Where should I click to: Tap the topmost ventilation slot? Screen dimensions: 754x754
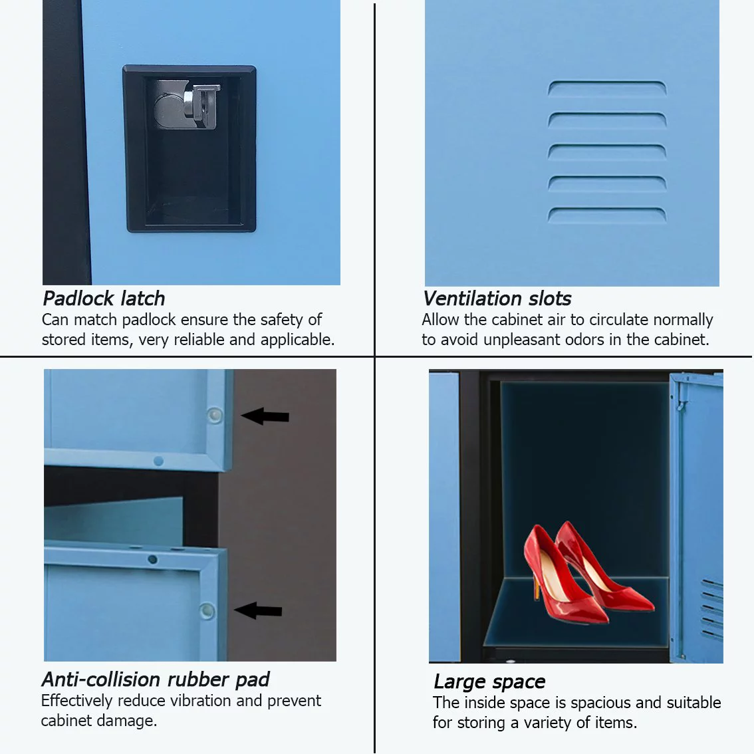(607, 88)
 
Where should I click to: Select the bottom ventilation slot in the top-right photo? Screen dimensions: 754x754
(607, 215)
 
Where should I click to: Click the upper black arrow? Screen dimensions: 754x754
(265, 416)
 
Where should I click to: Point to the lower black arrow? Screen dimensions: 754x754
(258, 610)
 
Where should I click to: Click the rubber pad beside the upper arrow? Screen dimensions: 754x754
(215, 415)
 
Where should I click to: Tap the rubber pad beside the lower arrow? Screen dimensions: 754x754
(207, 610)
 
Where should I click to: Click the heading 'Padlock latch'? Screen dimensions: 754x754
(104, 299)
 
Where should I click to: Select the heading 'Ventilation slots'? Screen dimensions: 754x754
(497, 299)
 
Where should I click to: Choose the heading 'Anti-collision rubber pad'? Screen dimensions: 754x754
(156, 680)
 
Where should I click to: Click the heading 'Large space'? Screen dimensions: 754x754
(489, 682)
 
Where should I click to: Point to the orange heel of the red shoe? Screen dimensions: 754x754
(536, 587)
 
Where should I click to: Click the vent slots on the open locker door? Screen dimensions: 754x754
(711, 608)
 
